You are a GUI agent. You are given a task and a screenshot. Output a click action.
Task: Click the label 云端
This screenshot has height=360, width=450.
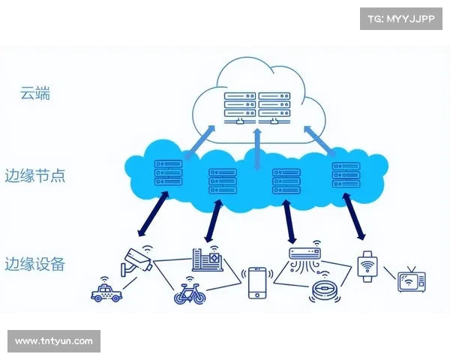tap(36, 94)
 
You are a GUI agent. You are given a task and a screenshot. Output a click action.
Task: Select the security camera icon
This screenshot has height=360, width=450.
tap(138, 259)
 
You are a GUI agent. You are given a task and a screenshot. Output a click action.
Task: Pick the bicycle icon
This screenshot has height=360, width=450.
tap(190, 292)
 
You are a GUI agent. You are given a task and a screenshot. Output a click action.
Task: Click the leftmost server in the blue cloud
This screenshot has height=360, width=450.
tap(167, 172)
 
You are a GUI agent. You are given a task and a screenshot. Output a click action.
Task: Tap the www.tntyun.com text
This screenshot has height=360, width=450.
tap(54, 341)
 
